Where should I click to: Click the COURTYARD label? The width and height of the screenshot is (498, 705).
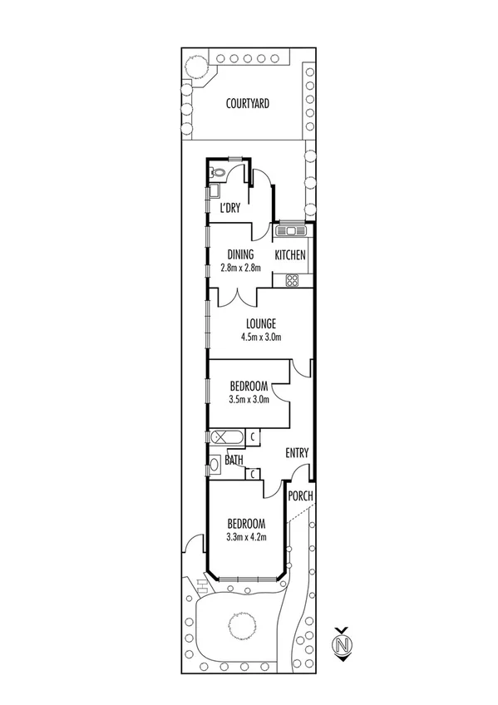tap(249, 104)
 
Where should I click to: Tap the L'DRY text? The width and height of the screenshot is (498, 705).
tap(229, 209)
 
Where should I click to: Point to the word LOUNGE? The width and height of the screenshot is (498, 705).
tap(260, 323)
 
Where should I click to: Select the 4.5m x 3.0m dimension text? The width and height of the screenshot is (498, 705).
tap(260, 337)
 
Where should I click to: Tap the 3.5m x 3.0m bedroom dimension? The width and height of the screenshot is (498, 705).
tap(249, 399)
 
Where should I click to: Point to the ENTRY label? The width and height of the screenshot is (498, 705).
tap(297, 453)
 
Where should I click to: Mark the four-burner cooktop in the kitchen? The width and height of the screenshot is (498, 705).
tap(293, 279)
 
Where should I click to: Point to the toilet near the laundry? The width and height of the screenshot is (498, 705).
tap(217, 174)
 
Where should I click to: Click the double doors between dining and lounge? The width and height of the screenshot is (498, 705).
tap(239, 296)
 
